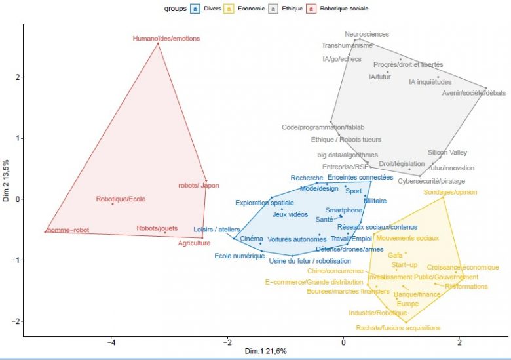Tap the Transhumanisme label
click(347, 46)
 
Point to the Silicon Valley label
click(447, 152)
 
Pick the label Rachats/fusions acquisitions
click(398, 328)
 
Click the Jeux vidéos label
click(290, 214)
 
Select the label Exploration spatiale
click(265, 203)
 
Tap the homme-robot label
click(67, 230)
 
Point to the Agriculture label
click(195, 243)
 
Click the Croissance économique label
click(463, 268)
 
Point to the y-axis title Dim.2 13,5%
click(6, 180)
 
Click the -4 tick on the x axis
click(111, 342)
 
